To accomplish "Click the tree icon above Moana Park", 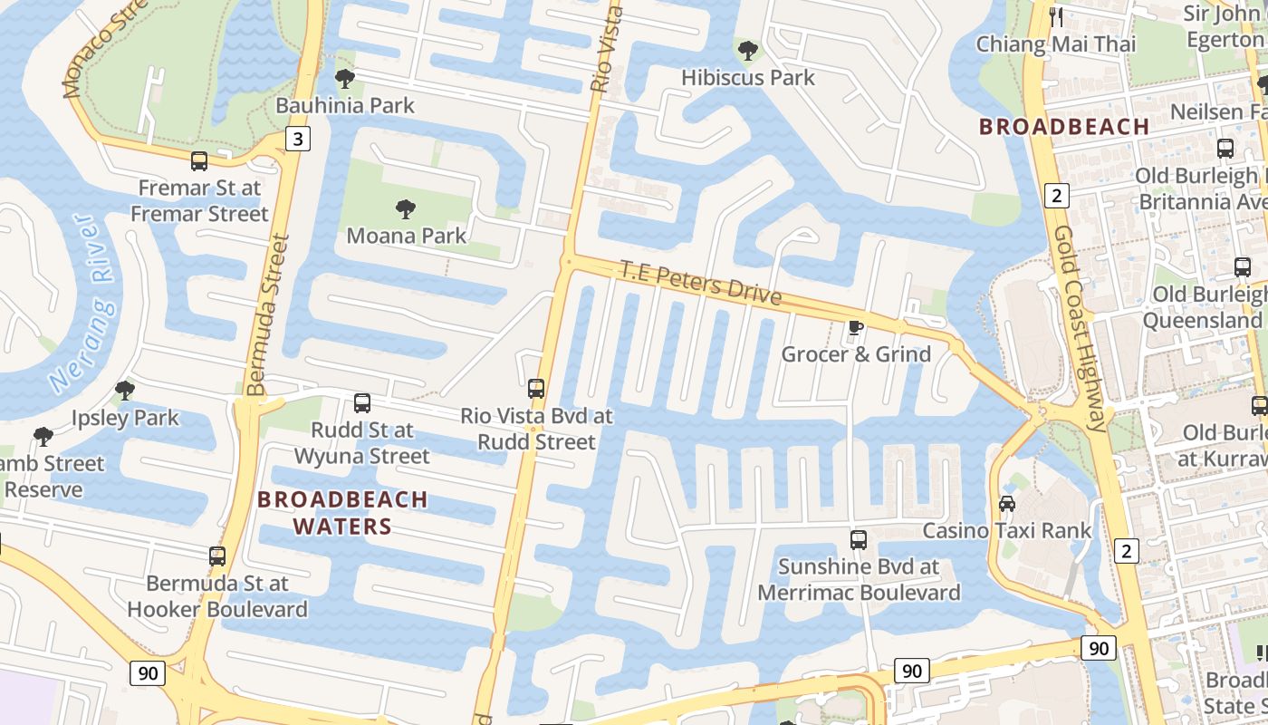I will pos(406,209).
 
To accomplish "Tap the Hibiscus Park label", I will pos(748,78).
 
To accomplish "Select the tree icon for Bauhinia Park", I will pos(344,79).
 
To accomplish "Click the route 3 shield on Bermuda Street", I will pos(297,139).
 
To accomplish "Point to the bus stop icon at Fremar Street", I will pos(199,161).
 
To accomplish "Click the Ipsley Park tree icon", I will pos(125,391).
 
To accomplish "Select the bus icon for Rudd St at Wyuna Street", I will pos(362,403).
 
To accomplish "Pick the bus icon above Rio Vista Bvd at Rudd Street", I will pos(536,389).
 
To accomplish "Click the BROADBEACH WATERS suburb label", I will pos(342,513).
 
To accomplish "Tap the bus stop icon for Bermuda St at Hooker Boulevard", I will pos(217,556).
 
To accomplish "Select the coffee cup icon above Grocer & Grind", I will pos(855,327).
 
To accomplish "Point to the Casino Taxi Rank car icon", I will pos(1006,503).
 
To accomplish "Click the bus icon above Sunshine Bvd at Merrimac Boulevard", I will pos(859,540).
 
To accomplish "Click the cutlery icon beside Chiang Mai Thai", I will pos(1056,16).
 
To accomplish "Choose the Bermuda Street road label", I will pos(269,314).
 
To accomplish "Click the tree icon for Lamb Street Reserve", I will pos(43,437).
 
